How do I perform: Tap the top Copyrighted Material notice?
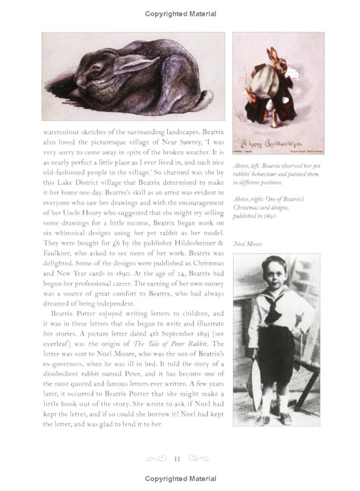[180, 13]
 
